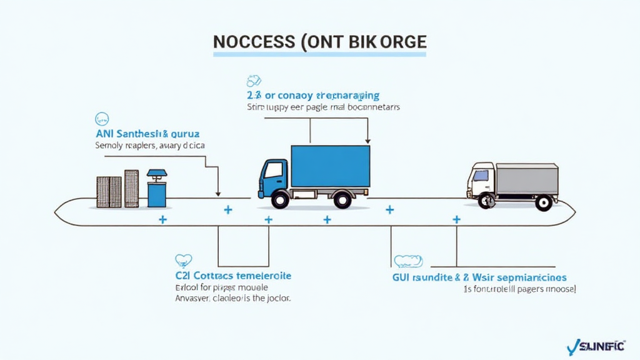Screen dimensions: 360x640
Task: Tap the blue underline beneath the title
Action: (x=319, y=55)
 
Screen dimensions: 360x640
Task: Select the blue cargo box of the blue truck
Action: (x=330, y=166)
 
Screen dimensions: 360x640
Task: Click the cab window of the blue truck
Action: (x=272, y=170)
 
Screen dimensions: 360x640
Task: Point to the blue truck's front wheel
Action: (x=280, y=199)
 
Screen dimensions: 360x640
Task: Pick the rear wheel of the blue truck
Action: (x=342, y=199)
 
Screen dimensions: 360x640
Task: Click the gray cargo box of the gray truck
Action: (x=526, y=179)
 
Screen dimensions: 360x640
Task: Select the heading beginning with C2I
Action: (x=233, y=276)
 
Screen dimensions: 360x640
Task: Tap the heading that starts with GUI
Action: (x=479, y=277)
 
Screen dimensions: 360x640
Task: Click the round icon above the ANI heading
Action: (x=101, y=118)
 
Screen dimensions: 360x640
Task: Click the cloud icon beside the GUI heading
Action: (x=408, y=261)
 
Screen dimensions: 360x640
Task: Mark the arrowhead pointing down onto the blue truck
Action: (x=367, y=141)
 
